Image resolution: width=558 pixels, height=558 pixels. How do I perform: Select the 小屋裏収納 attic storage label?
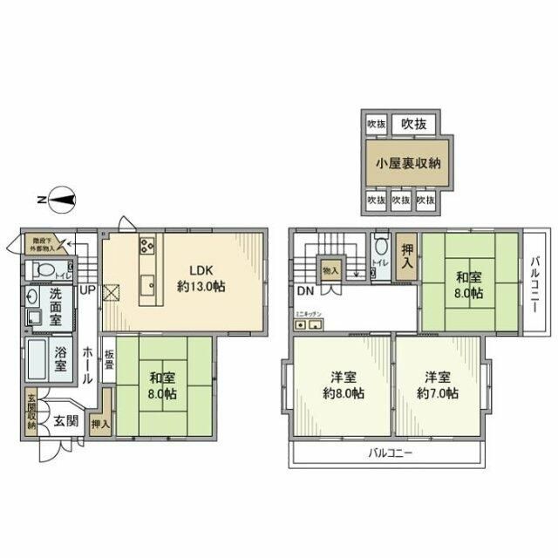click(408, 163)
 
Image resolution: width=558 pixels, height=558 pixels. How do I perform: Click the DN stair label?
click(305, 290)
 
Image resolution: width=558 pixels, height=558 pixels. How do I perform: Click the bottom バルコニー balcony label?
click(389, 453)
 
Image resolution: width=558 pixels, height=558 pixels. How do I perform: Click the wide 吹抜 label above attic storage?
click(414, 124)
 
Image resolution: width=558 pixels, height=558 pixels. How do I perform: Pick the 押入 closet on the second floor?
click(406, 258)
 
